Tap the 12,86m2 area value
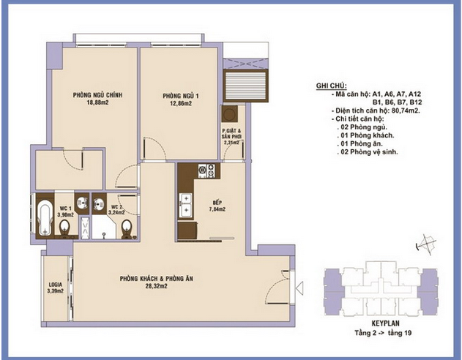coord(181,104)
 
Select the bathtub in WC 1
coord(45,218)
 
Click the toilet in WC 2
coord(127,228)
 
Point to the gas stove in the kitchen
coord(206,170)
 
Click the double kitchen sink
coord(185,205)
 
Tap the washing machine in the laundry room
coord(230,114)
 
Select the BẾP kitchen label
coord(217,203)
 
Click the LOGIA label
coord(56,285)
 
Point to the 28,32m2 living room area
coord(157,286)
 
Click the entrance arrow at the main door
coord(299,287)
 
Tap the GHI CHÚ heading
coord(331,86)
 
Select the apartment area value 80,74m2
coord(406,110)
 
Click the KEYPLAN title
coord(385,323)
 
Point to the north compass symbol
coord(426,244)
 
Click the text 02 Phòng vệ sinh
coord(369,152)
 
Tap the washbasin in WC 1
coord(82,202)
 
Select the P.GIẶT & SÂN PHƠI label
coord(231,134)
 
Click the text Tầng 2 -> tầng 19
coord(383,333)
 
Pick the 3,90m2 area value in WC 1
coord(65,215)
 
